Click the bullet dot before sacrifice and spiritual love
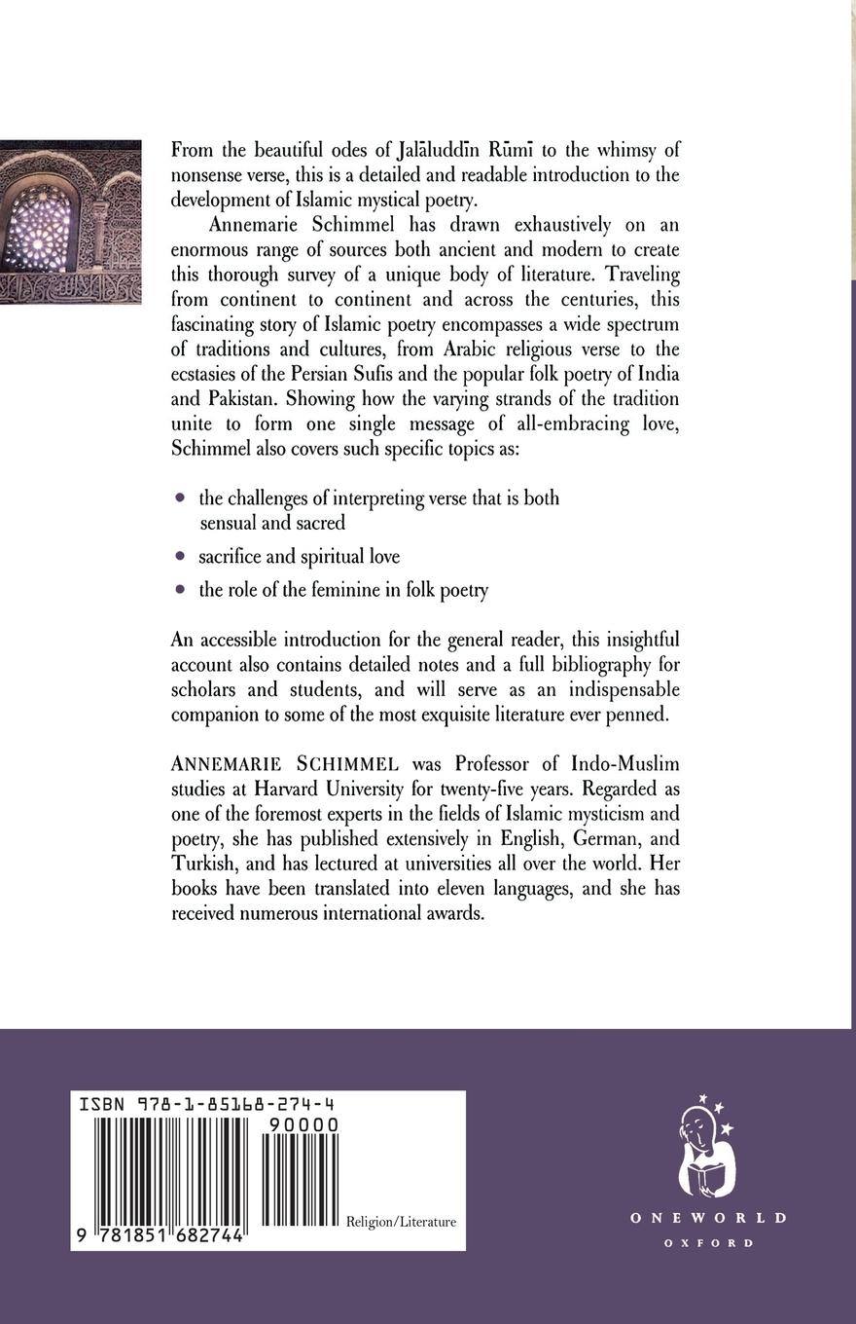coord(179,556)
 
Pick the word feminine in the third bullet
coord(351,589)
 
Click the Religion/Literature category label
coord(401,1222)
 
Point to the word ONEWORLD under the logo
coord(707,1218)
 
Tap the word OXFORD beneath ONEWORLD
coord(708,1243)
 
